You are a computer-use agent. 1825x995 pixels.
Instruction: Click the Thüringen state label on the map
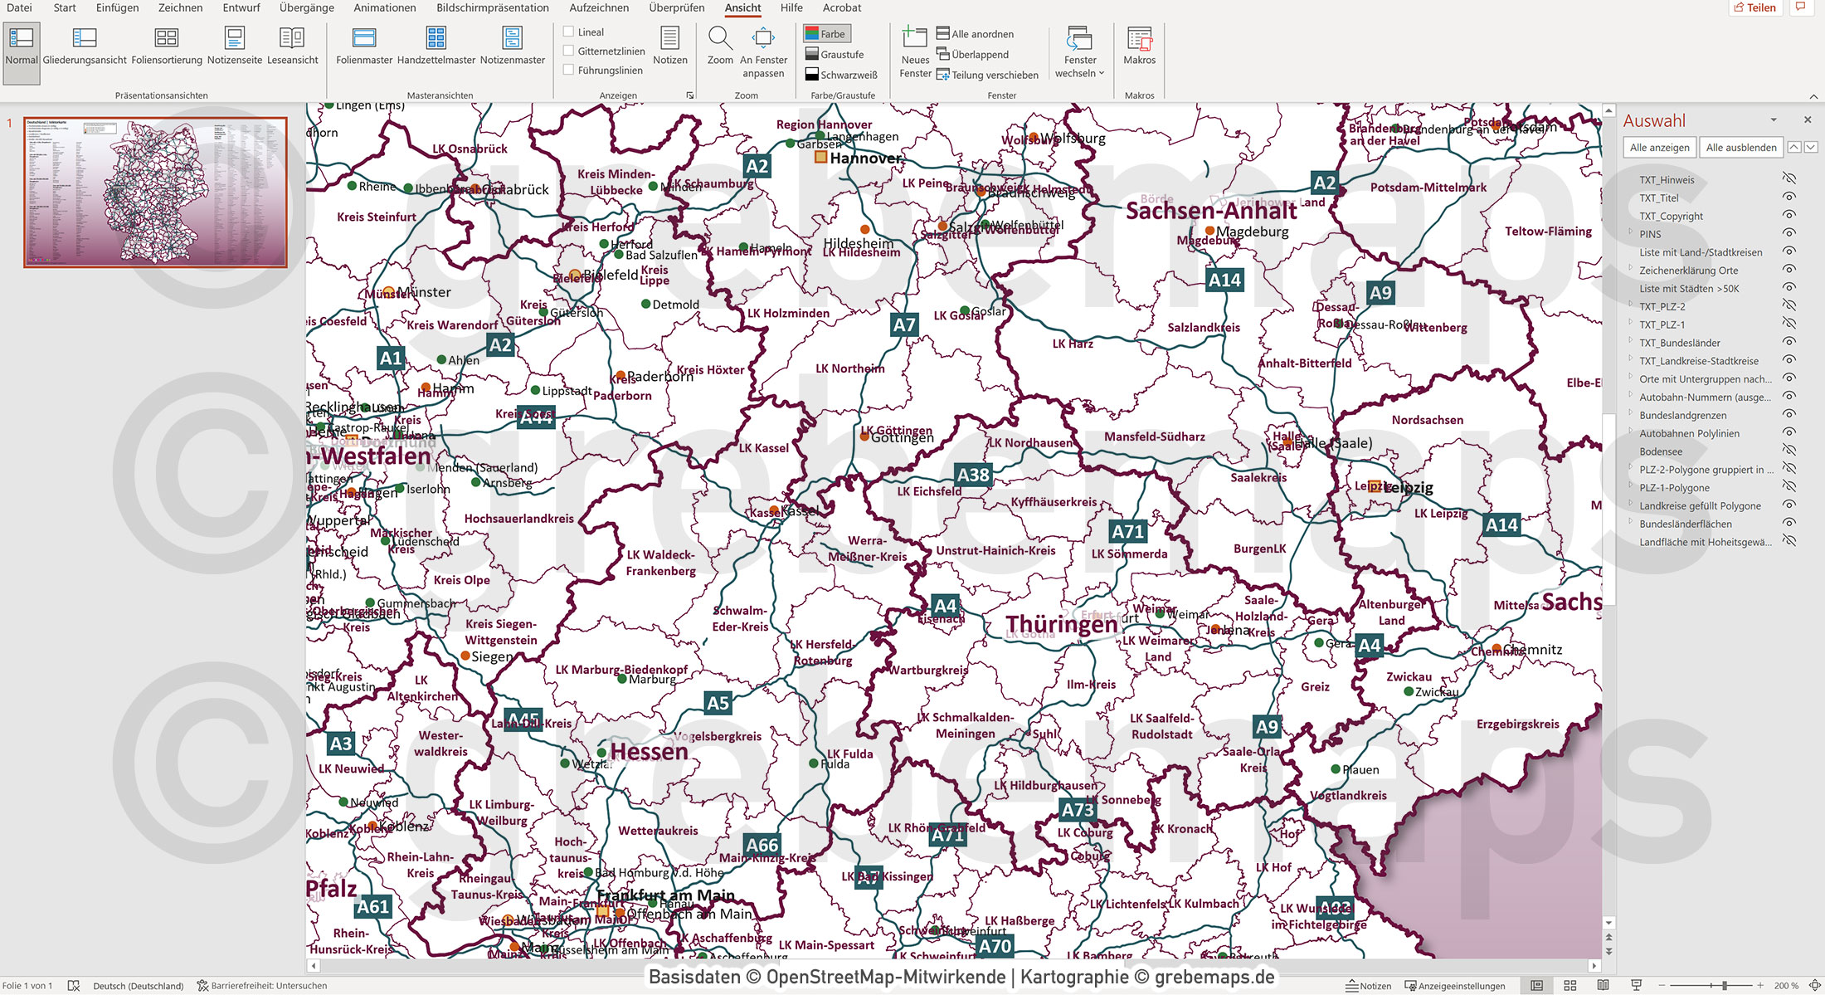pos(1062,624)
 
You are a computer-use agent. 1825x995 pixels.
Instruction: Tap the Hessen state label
pos(649,752)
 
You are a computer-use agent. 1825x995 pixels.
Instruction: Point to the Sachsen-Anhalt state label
pos(1210,211)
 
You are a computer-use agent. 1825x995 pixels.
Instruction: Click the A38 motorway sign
pos(973,475)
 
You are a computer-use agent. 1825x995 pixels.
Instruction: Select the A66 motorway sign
pos(762,845)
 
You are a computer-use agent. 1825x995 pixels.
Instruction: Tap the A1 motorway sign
pos(390,358)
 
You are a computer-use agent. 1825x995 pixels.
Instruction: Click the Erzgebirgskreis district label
pos(1517,724)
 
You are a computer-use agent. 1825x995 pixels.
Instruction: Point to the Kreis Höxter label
pos(710,370)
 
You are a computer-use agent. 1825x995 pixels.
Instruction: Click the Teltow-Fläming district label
pos(1548,232)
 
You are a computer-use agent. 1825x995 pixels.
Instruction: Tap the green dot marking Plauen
pos(1336,769)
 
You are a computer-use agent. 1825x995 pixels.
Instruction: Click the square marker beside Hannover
pos(820,157)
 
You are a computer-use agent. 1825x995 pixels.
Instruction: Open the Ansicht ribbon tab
pos(742,8)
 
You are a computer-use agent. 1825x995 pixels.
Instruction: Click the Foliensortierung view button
pos(167,46)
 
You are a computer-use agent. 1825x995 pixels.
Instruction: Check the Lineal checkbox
pos(569,32)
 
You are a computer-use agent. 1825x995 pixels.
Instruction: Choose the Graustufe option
pos(835,55)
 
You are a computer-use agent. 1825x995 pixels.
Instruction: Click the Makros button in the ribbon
pos(1139,46)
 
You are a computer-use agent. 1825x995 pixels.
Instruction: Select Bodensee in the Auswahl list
pos(1661,451)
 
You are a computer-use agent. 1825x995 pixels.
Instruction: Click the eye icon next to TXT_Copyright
pos(1789,216)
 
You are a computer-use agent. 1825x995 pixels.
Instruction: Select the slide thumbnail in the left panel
pos(156,192)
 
